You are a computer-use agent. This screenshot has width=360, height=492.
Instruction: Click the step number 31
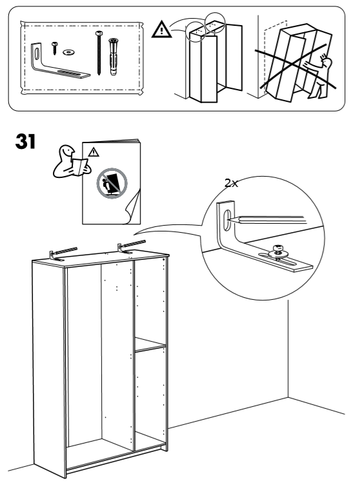coord(25,141)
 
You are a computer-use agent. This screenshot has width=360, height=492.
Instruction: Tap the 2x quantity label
coord(232,183)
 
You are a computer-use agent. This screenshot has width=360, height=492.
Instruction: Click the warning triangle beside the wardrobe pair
coord(162,30)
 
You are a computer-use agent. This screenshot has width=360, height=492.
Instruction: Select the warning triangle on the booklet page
coord(93,152)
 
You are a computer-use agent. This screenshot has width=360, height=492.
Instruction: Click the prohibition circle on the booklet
coord(112,183)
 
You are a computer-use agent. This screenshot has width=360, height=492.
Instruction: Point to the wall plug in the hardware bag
coord(113,57)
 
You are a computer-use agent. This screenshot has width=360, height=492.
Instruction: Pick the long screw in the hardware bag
coord(99,53)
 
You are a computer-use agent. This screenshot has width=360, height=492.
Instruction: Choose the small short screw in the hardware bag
coord(55,48)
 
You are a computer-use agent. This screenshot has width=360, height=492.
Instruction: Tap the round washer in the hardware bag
coord(68,52)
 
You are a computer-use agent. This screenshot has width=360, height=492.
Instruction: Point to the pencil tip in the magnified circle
coord(230,219)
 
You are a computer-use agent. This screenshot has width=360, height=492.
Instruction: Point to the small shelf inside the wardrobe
coord(150,344)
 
